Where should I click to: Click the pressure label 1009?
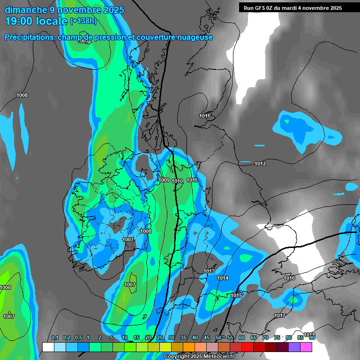point(164,180)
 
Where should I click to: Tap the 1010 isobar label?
point(177,181)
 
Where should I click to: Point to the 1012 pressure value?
point(260,164)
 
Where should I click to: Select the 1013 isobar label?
point(209,271)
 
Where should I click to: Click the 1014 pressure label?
point(223,278)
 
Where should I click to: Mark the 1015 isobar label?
point(236,295)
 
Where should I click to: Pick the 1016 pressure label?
point(289,278)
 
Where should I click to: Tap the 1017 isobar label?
point(280,315)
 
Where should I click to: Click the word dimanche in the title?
point(26,10)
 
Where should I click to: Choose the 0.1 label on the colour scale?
point(54,337)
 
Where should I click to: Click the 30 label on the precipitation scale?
point(172,337)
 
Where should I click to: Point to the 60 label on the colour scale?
point(242,337)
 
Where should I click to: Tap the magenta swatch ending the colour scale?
point(306,347)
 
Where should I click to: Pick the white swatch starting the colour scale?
point(48,347)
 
